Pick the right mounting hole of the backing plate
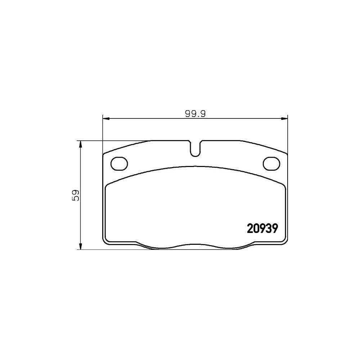271,163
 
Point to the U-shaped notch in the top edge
195,149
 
